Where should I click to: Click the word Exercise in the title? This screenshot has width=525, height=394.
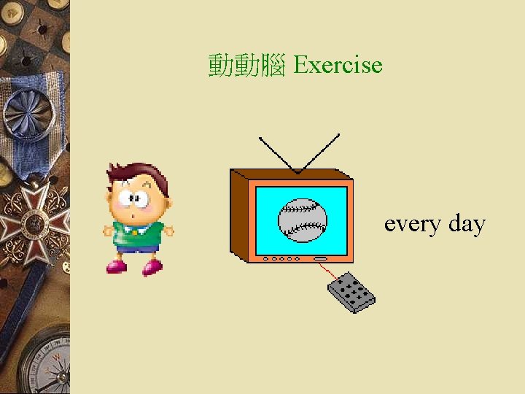[x=338, y=65]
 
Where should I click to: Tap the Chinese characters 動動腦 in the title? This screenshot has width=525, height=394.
[x=246, y=66]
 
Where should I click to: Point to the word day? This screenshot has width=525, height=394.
[x=467, y=223]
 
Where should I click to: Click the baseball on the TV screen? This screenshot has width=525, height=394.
[x=302, y=220]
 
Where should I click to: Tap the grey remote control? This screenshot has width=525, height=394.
[x=351, y=292]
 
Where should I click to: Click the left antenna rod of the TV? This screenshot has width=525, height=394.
[x=278, y=153]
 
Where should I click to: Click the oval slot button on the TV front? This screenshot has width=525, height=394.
[x=320, y=258]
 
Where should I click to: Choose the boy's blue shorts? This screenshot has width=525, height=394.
[x=138, y=248]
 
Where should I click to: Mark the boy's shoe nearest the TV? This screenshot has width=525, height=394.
[x=152, y=267]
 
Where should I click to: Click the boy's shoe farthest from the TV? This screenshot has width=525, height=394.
[x=116, y=266]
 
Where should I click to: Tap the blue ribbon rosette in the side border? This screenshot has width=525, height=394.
[x=29, y=109]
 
